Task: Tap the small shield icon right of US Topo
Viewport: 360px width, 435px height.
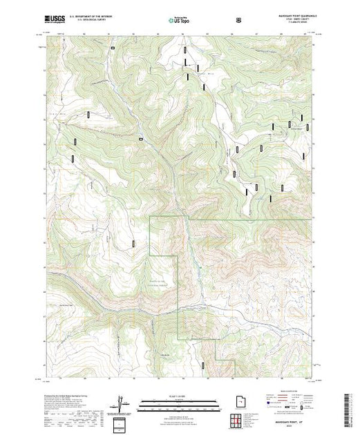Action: click(x=239, y=21)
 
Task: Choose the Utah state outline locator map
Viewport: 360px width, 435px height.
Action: click(x=233, y=400)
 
